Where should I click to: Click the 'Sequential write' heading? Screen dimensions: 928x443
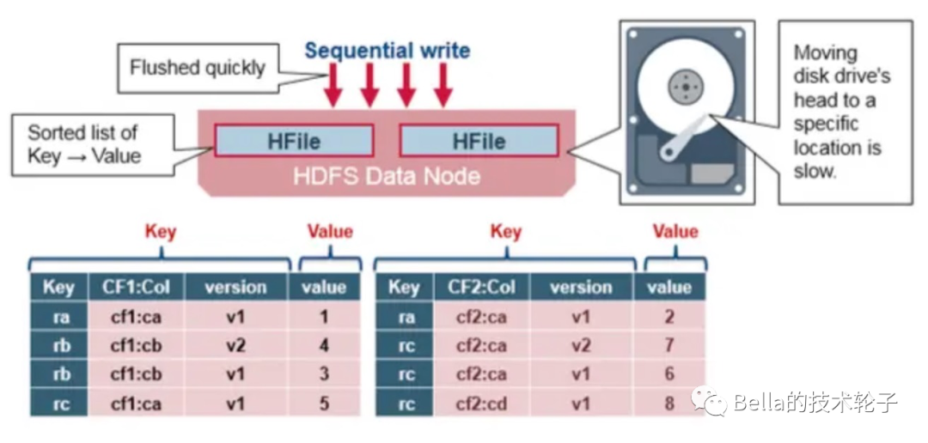click(387, 50)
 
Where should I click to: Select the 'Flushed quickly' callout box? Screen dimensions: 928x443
click(198, 68)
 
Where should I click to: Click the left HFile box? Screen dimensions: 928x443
click(294, 140)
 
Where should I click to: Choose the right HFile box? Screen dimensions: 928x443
click(479, 140)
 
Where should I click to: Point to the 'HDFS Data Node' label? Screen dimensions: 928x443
click(387, 177)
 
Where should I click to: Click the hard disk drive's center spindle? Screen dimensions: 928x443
click(685, 86)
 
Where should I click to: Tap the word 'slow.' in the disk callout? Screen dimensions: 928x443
click(815, 171)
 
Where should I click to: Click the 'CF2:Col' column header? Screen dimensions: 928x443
click(481, 288)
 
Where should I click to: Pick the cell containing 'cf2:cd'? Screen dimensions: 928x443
click(481, 404)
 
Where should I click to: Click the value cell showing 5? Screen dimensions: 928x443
click(324, 404)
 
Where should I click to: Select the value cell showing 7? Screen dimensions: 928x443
click(669, 346)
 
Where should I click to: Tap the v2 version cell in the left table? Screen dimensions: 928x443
click(236, 346)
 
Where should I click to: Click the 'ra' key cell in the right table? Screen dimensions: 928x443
click(405, 318)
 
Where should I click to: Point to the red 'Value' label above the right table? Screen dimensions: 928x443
click(675, 232)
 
